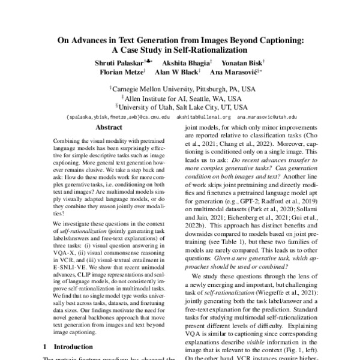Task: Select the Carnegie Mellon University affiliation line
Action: (182, 88)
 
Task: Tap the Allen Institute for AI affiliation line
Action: (182, 98)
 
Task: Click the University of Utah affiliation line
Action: (182, 108)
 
